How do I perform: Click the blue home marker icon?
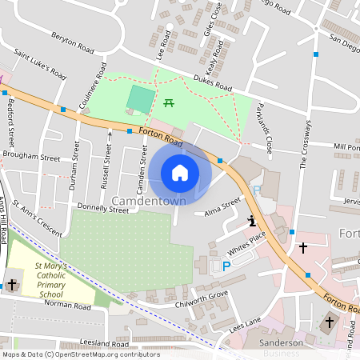pyautogui.click(x=180, y=173)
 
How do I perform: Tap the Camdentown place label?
pyautogui.click(x=150, y=200)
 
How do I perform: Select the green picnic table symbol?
pyautogui.click(x=169, y=102)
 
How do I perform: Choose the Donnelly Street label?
pyautogui.click(x=103, y=211)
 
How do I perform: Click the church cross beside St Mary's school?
pyautogui.click(x=12, y=284)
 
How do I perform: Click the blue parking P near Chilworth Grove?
pyautogui.click(x=226, y=266)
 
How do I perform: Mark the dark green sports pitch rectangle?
pyautogui.click(x=142, y=100)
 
